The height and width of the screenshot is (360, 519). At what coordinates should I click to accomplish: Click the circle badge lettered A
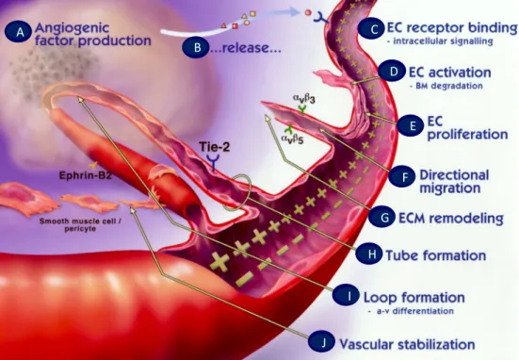20,32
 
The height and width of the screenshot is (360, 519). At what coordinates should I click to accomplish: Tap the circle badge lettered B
197,47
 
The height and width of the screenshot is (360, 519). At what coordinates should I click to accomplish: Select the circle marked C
374,28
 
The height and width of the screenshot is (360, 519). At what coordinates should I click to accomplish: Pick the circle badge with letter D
393,72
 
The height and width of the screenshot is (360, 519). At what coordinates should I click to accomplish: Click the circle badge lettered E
412,126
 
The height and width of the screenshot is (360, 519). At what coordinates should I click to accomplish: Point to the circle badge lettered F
404,176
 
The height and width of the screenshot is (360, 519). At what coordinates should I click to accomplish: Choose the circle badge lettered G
384,218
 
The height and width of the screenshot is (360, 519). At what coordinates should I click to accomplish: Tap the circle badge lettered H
371,254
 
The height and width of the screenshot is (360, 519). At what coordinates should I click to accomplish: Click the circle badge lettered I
349,296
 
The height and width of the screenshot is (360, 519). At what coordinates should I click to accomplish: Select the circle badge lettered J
323,342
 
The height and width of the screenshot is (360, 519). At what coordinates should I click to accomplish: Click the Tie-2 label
215,147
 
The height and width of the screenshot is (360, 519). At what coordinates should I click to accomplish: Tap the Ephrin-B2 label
86,175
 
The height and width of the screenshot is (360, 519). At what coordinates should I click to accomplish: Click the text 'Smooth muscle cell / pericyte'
80,224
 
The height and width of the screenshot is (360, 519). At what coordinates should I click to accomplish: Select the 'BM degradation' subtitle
446,86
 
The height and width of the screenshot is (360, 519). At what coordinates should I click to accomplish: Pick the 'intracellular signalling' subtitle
440,41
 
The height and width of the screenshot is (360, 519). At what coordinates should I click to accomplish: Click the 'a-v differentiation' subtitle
411,311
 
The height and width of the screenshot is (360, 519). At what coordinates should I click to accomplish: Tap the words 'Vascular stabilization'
407,344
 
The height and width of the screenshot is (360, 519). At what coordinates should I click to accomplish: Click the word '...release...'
246,48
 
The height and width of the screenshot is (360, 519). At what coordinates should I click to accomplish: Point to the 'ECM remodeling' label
451,219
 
